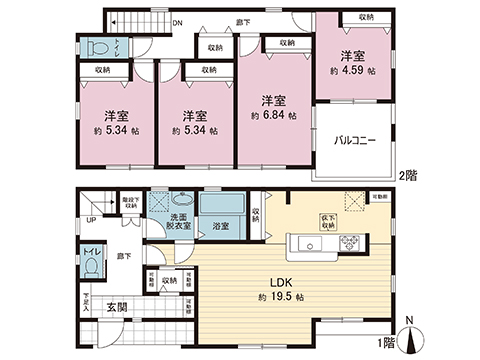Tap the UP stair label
click(91, 221)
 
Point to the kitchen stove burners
click(353, 241)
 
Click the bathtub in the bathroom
click(222, 207)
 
